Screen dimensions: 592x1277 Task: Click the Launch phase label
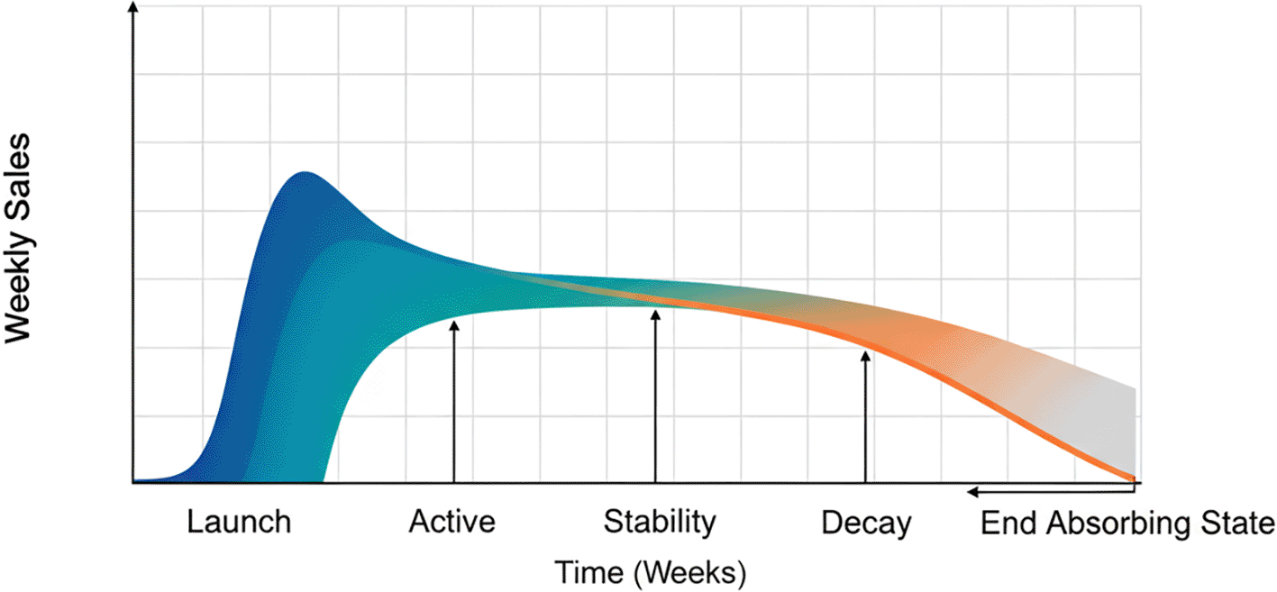coord(239,522)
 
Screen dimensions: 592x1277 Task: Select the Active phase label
coord(452,522)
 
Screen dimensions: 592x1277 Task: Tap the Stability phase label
coord(660,522)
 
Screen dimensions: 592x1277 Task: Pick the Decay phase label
coord(866,523)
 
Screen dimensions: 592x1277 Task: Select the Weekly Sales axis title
coord(19,238)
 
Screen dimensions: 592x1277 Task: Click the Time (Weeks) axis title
coord(650,571)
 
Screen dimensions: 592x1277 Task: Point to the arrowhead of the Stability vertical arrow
coord(655,314)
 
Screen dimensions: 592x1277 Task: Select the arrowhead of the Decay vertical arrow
coord(865,356)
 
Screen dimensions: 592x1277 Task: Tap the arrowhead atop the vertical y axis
coord(133,7)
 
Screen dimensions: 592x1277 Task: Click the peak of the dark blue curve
coord(306,172)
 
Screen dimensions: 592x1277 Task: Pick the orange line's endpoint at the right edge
coord(1132,478)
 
